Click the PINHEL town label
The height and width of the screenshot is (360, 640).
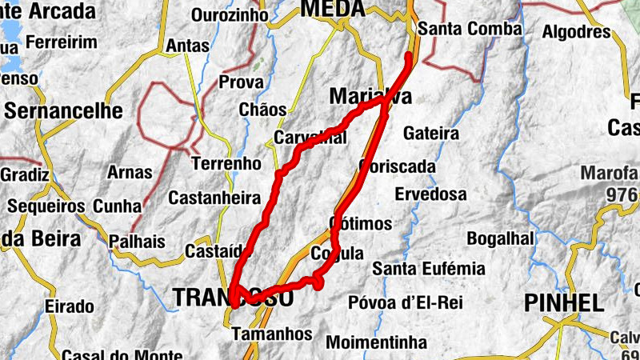[x=563, y=303]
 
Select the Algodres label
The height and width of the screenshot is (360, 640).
[x=576, y=32]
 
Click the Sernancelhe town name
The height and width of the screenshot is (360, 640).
[x=64, y=110]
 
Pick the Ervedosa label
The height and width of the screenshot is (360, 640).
[x=430, y=194]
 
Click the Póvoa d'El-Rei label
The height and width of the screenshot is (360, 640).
[x=406, y=303]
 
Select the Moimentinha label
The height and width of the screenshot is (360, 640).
[x=377, y=342]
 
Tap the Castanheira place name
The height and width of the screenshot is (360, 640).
[x=214, y=197]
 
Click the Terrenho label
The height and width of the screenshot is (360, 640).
[x=227, y=163]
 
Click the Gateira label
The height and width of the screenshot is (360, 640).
[x=431, y=133]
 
